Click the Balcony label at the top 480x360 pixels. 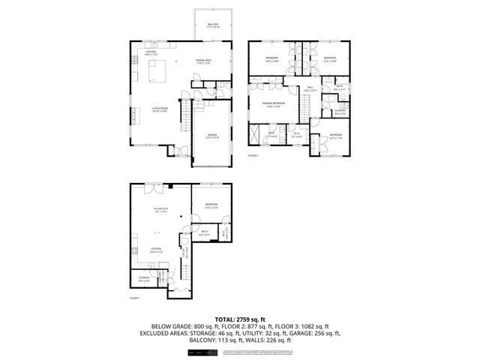click(x=214, y=26)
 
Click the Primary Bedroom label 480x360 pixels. click(x=272, y=103)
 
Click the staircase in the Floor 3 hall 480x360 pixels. click(x=307, y=106)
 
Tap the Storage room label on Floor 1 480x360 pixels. click(x=144, y=278)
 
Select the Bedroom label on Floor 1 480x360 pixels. click(x=211, y=205)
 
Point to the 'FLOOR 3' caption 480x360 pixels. click(x=253, y=155)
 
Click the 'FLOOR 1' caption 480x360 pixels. click(x=134, y=298)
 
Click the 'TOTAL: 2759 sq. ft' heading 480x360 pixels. click(x=239, y=319)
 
